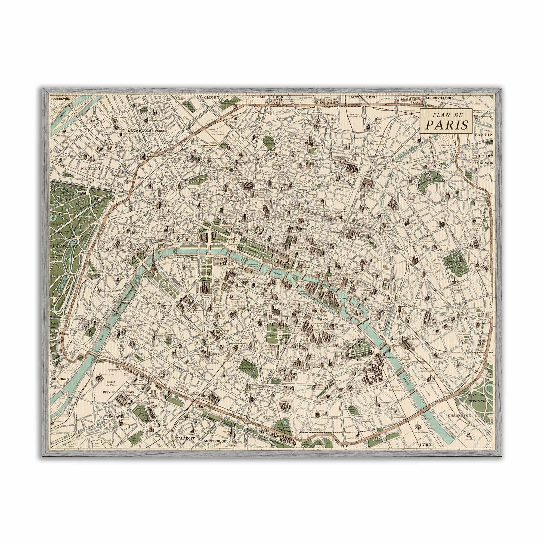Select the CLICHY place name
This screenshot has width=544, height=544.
click(x=211, y=97)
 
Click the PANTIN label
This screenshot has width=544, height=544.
click(x=484, y=135)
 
